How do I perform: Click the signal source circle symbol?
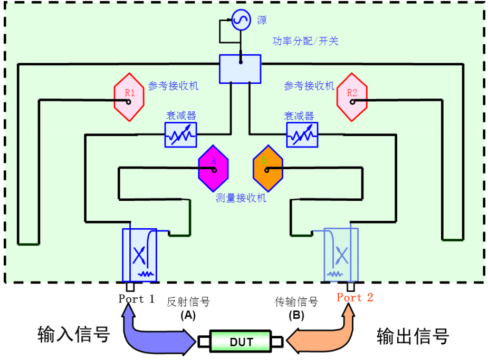pos(240,22)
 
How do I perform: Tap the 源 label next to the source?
pos(262,21)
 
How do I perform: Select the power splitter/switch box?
pos(241,69)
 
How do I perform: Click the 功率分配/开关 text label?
pos(305,41)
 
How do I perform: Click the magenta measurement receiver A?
pos(213,168)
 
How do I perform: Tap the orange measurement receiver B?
pos(268,168)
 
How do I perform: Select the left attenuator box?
pos(180,135)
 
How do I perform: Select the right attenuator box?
pos(302,135)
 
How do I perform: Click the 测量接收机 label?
pos(241,198)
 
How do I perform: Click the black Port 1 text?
pos(137,298)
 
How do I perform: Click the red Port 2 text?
pos(355,297)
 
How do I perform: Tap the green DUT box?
pos(241,340)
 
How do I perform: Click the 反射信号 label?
pos(188,302)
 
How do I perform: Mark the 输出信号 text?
pos(413,335)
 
